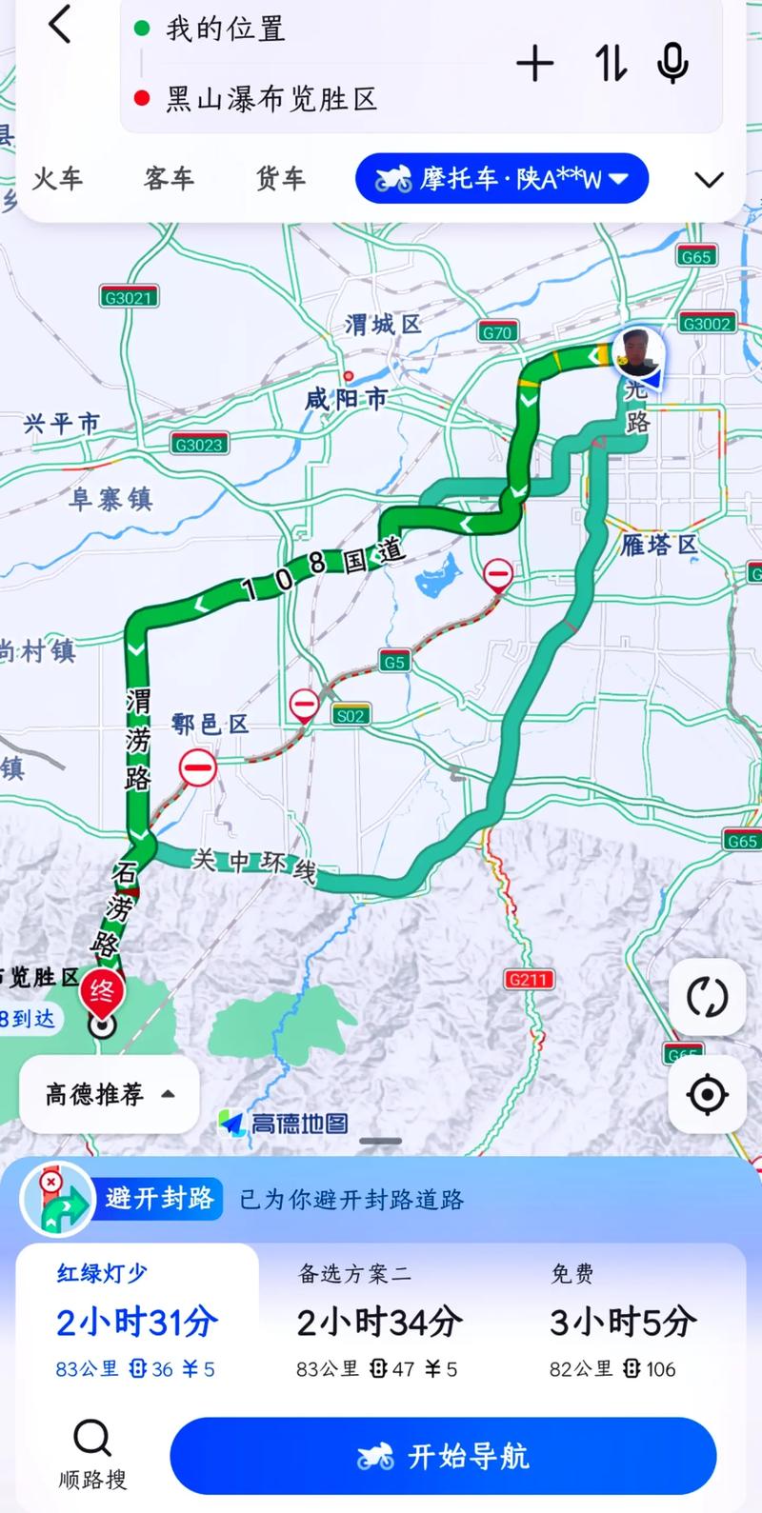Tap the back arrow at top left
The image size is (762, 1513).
[x=60, y=25]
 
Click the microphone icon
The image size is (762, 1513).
[x=672, y=64]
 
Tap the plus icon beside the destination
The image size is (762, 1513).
[x=535, y=64]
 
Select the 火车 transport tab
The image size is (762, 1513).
[x=58, y=178]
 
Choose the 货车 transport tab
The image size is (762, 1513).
[x=280, y=178]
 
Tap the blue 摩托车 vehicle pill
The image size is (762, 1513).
[x=502, y=178]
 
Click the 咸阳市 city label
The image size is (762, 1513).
[x=346, y=398]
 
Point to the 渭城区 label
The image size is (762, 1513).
[x=383, y=325]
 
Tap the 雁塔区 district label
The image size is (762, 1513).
[x=660, y=545]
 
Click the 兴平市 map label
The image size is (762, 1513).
[x=61, y=423]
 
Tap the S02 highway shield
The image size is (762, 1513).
[x=351, y=715]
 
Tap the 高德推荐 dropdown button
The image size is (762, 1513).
[x=109, y=1095]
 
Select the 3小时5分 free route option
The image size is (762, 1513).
[x=623, y=1321]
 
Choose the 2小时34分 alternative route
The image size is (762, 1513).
[x=379, y=1321]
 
